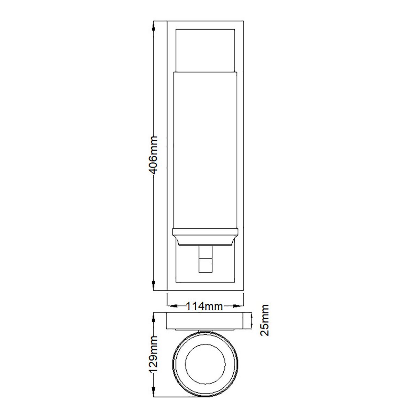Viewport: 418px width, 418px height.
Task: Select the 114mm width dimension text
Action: [205, 307]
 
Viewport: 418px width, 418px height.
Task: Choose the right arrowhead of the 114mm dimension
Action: [240, 307]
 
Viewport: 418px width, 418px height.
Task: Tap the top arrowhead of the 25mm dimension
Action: [252, 314]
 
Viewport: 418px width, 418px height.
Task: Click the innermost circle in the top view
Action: [205, 365]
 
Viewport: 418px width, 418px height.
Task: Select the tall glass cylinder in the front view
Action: [206, 150]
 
